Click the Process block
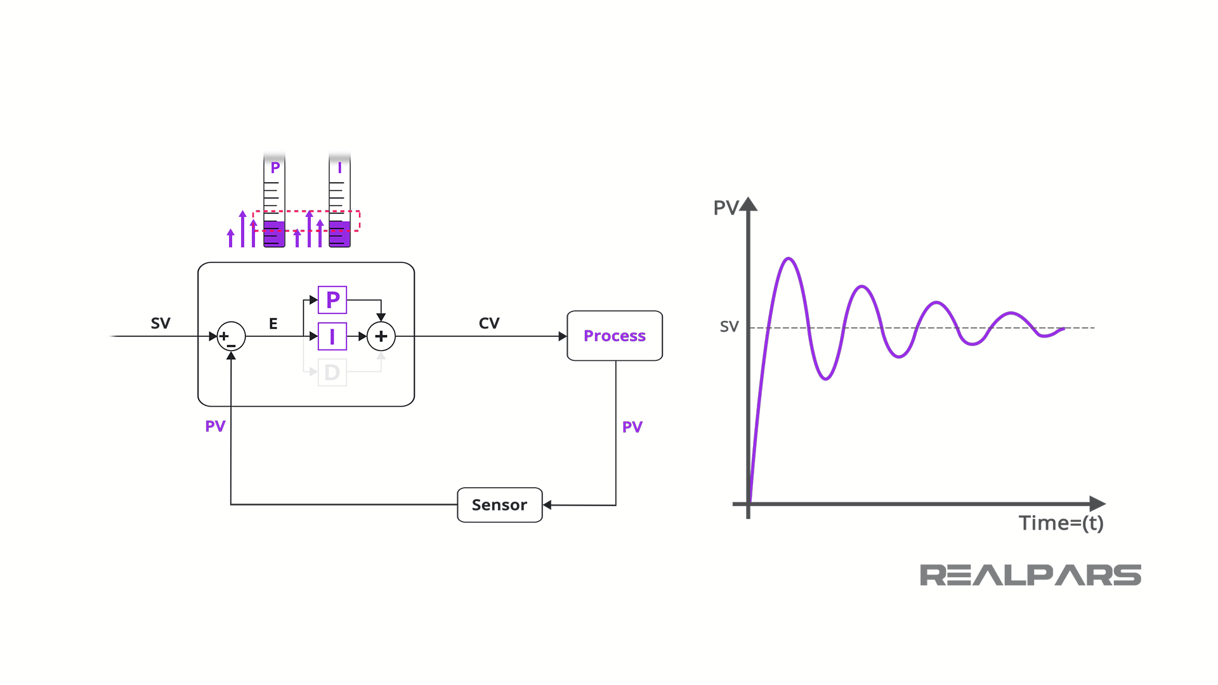coord(614,336)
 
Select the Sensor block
coord(499,505)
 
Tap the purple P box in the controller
coord(332,300)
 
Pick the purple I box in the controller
coord(332,336)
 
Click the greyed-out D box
coord(332,372)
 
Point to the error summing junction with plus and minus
coord(231,336)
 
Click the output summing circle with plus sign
coord(381,336)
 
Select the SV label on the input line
coord(160,323)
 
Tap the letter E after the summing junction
coord(273,323)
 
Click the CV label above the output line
coord(489,323)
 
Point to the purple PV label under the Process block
coord(632,427)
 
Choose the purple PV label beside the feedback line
coord(215,426)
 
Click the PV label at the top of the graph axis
coord(726,207)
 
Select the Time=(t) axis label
coord(1061,523)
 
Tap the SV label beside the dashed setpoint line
coord(729,327)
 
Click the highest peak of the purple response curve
coord(789,258)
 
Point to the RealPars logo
coord(1030,575)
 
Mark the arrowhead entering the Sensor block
coord(547,505)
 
